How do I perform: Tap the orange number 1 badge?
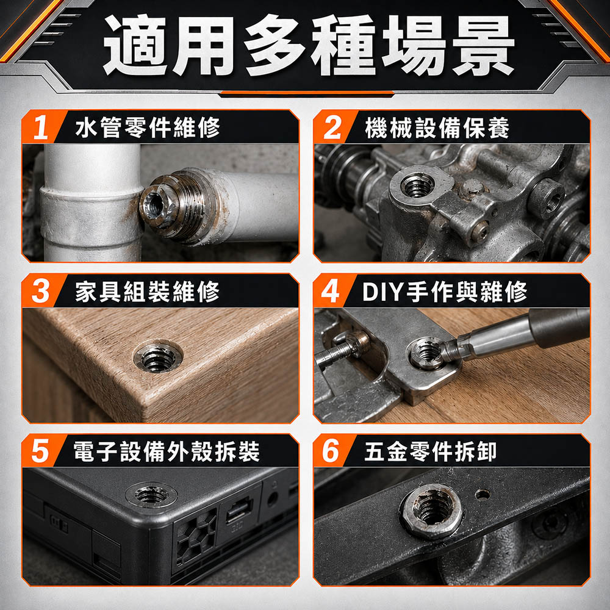(x=42, y=127)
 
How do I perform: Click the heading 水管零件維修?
(x=148, y=127)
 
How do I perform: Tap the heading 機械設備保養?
(x=437, y=127)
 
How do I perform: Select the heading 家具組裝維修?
(x=148, y=292)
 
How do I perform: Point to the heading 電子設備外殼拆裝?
(x=167, y=451)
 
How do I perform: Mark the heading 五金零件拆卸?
(x=430, y=451)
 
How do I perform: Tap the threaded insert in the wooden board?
(x=157, y=356)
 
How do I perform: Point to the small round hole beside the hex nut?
(x=483, y=495)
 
